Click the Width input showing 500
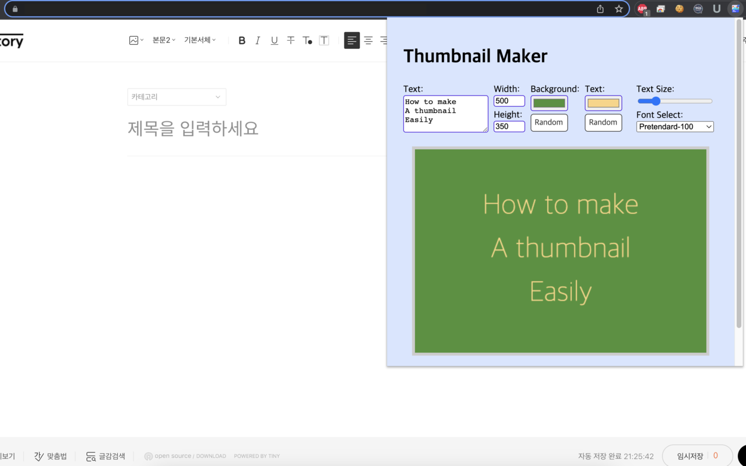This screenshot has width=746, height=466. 509,101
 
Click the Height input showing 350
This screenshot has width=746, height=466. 509,126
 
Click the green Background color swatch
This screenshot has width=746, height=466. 549,103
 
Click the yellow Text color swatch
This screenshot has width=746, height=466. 603,103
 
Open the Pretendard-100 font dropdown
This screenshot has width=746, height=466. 675,126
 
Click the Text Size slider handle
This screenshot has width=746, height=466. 656,101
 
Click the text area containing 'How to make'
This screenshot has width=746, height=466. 445,114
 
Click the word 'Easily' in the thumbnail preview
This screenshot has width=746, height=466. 560,291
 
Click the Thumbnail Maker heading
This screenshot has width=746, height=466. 475,56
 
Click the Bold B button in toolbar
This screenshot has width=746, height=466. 242,40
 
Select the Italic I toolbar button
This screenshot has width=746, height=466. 258,40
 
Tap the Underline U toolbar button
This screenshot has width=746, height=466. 274,40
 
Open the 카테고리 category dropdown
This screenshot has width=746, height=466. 177,97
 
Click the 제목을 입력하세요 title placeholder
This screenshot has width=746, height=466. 193,128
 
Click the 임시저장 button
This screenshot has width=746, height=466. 697,456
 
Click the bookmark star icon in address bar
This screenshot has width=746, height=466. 618,9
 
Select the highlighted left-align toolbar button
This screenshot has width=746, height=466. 351,40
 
